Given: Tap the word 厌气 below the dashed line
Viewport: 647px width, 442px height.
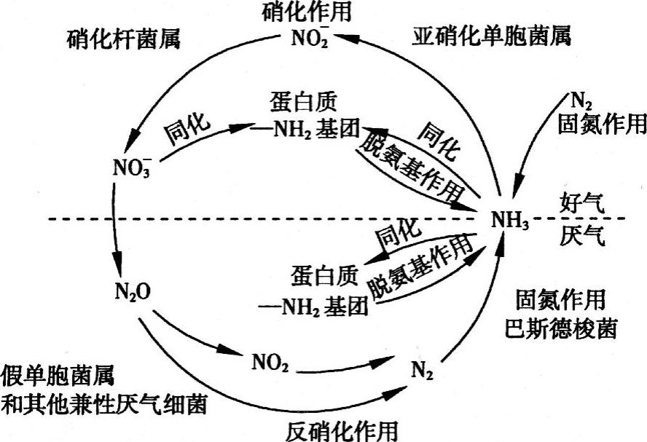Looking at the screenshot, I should coord(582,237).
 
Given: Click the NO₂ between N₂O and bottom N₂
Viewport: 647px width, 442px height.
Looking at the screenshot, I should coord(268,362).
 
